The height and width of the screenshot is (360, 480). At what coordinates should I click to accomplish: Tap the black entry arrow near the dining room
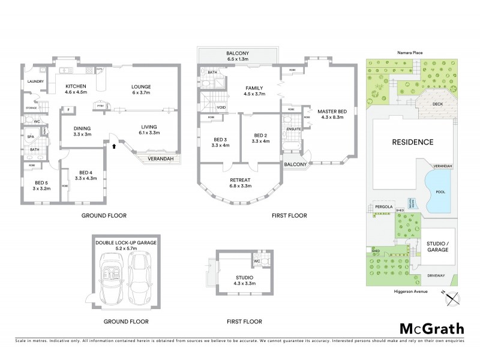coord(113,145)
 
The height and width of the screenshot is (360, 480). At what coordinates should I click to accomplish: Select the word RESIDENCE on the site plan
coord(412,142)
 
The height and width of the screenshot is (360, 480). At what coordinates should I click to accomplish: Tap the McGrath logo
coord(431,328)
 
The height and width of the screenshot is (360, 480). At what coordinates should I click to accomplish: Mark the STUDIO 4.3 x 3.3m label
coord(241,280)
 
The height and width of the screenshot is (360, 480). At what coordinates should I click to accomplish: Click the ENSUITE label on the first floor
coord(293,128)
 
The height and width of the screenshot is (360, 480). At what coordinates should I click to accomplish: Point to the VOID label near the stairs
coord(221,108)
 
